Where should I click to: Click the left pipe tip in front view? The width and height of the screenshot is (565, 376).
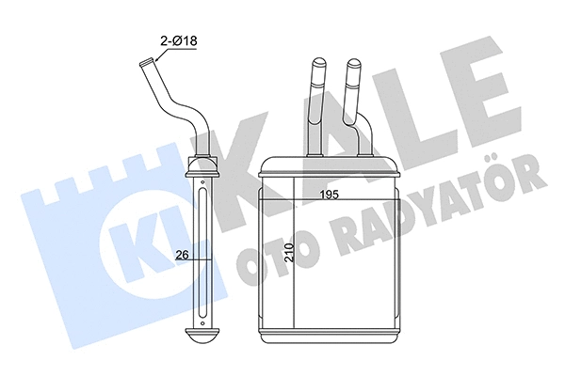(315, 67)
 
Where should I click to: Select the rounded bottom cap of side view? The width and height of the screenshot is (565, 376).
(204, 335)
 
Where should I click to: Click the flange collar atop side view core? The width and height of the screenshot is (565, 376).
(203, 169)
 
